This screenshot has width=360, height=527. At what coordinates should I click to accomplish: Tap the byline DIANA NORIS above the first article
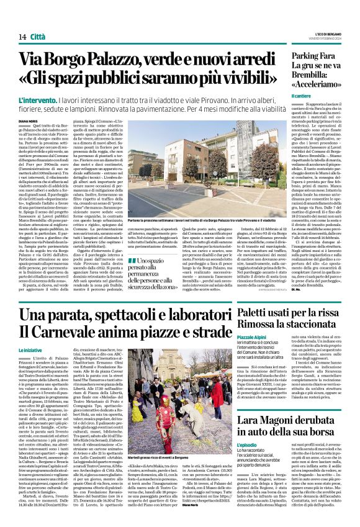(x=29, y=122)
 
